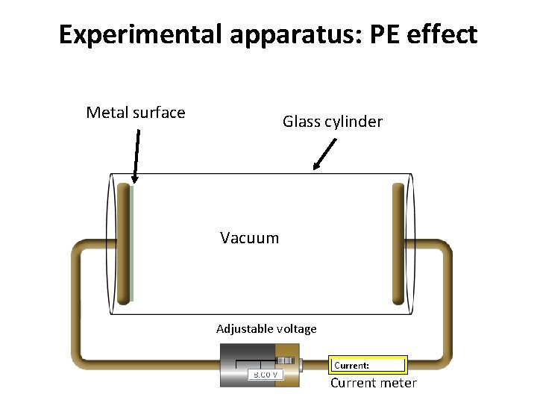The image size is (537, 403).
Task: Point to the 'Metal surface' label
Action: [x=136, y=113]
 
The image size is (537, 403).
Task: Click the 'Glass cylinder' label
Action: [x=333, y=122]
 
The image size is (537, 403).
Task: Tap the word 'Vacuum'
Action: [x=249, y=238]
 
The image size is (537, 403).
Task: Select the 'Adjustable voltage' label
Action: [x=266, y=328]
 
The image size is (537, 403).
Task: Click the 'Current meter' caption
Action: [x=373, y=383]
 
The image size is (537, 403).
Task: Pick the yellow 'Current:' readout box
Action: [x=368, y=365]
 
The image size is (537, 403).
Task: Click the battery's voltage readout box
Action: [x=265, y=374]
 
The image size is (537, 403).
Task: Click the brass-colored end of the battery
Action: [x=286, y=365]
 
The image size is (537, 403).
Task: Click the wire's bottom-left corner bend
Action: [x=79, y=360]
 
